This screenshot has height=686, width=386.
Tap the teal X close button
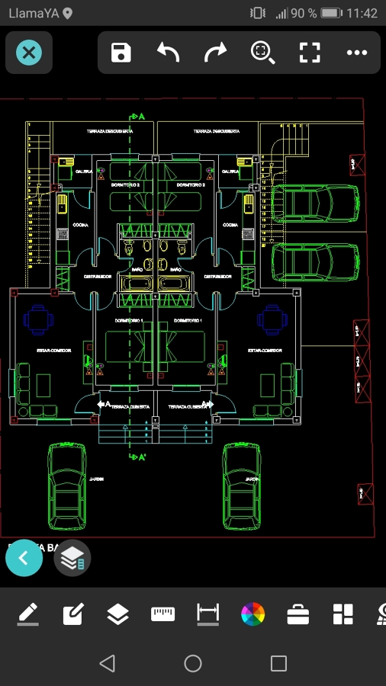coord(29,53)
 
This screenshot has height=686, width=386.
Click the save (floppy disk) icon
coord(121,53)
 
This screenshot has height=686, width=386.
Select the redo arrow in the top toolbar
coord(215,53)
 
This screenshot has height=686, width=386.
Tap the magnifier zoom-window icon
coord(262,53)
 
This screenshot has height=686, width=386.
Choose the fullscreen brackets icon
coord(310,53)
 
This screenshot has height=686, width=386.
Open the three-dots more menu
coord(357,53)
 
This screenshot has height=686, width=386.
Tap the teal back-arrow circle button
coord(24,558)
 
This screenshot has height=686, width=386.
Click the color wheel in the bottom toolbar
coord(253,614)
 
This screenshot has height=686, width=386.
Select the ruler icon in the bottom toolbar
coord(162,614)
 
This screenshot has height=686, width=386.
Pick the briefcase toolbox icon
coord(298,614)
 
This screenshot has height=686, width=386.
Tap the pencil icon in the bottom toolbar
coord(27,614)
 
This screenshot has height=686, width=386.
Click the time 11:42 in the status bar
coord(362,14)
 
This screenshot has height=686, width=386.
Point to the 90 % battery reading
coord(304,14)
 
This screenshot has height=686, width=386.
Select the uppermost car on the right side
coord(314,204)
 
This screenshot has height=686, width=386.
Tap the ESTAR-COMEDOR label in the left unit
coord(54,351)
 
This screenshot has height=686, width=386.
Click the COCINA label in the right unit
coord(230,226)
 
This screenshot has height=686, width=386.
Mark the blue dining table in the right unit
coord(272,319)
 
